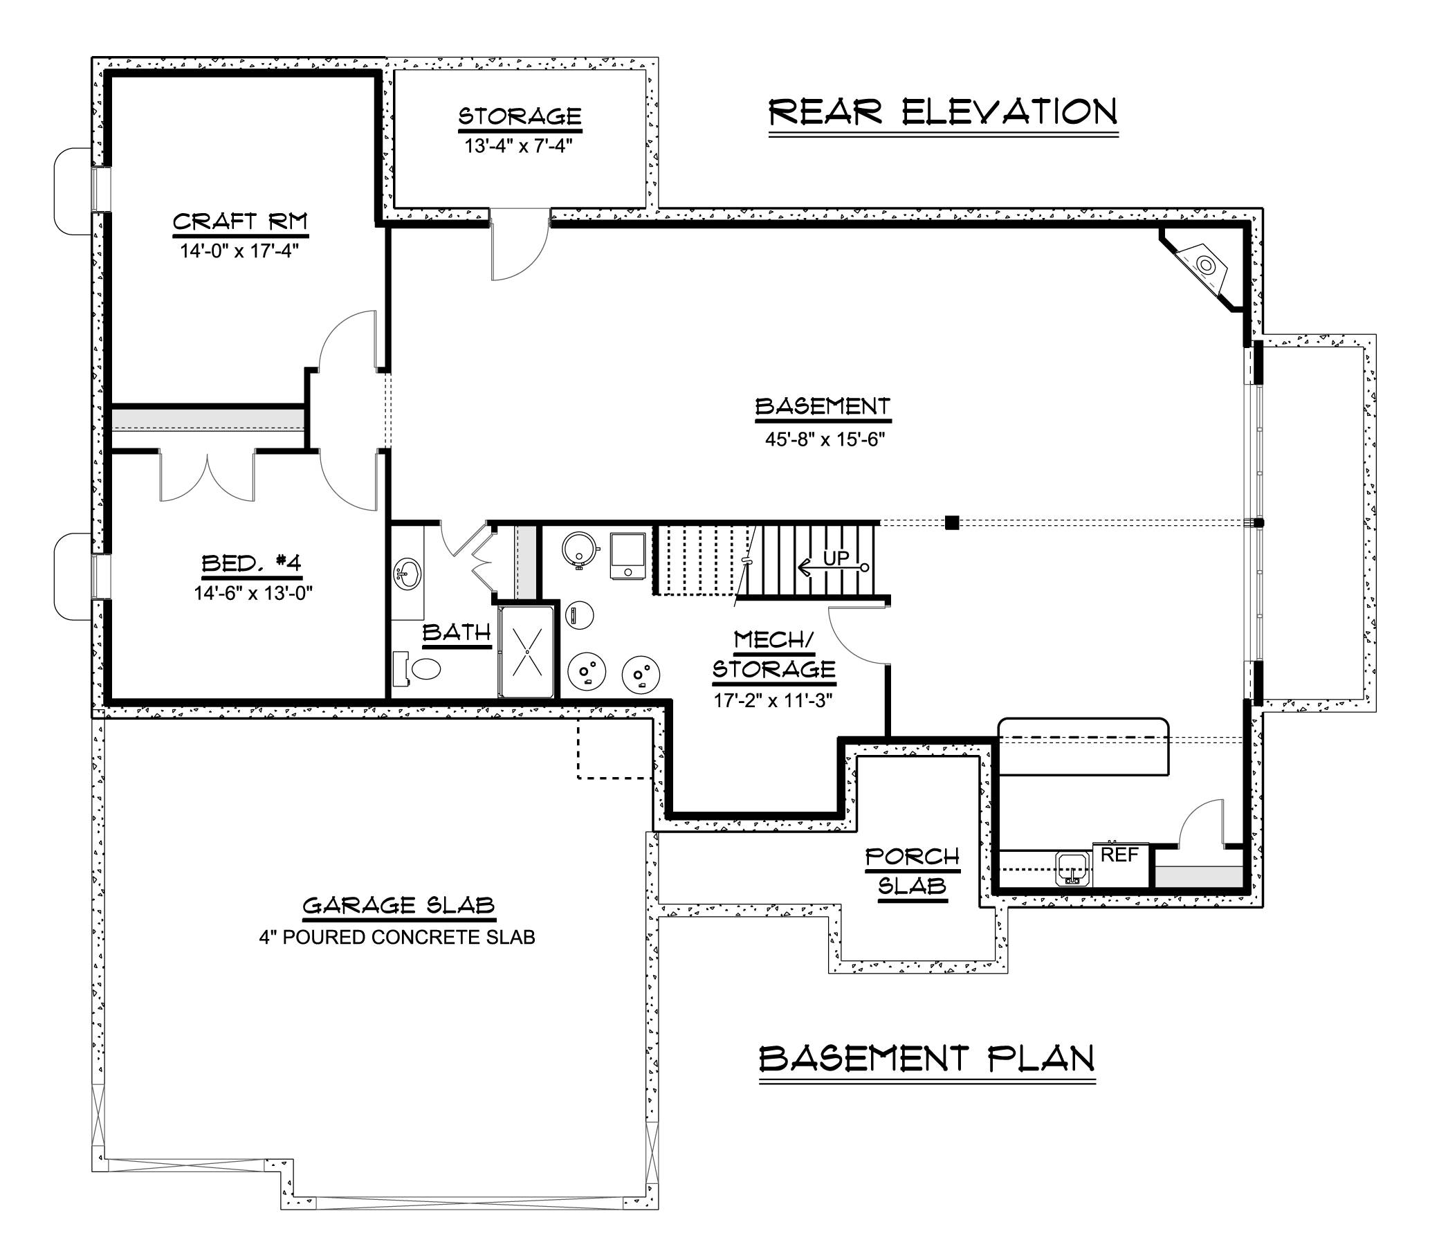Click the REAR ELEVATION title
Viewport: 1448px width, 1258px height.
click(x=942, y=112)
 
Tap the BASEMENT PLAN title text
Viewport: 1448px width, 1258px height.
click(x=926, y=1059)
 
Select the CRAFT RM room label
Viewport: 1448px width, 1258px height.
click(x=239, y=222)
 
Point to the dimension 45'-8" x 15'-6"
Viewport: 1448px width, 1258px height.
click(x=824, y=439)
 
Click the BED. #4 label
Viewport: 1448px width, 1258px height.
click(x=251, y=563)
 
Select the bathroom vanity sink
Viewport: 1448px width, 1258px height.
click(x=407, y=573)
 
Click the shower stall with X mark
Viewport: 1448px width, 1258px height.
click(x=526, y=652)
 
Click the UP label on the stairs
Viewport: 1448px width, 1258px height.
click(x=835, y=559)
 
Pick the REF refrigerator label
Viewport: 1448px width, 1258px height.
click(x=1119, y=856)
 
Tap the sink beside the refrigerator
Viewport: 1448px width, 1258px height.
click(x=1072, y=869)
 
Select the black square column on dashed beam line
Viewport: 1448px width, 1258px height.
click(x=952, y=522)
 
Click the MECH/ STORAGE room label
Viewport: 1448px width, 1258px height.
click(x=773, y=655)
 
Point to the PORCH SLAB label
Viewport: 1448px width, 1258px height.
click(x=912, y=871)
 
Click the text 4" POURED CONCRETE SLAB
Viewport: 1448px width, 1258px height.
click(x=396, y=937)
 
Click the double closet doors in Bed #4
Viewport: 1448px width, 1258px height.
click(x=206, y=477)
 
